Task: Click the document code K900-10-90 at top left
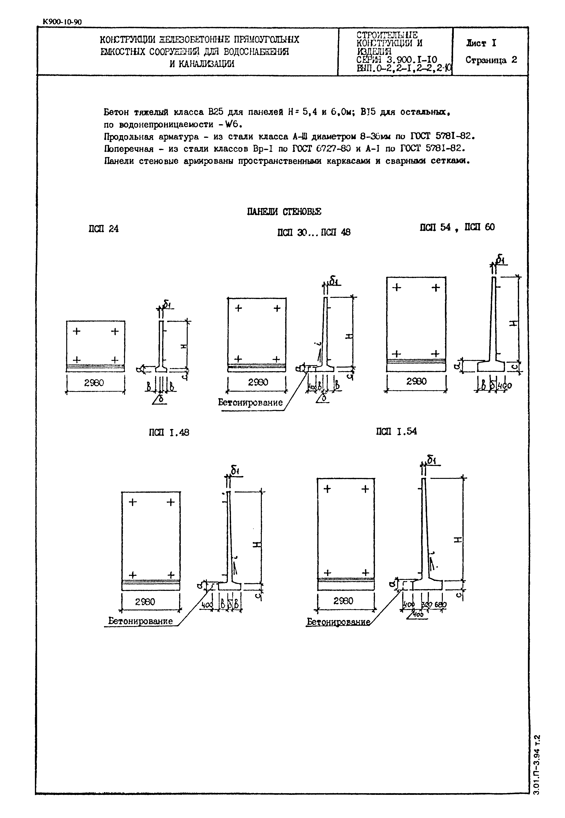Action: pos(62,22)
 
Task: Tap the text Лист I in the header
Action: pos(481,43)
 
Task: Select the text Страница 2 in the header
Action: pos(491,60)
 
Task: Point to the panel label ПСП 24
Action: pos(103,229)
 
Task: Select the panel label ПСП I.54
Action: pos(396,431)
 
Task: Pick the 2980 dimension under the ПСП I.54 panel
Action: pos(343,601)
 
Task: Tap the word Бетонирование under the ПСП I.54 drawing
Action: pos(338,622)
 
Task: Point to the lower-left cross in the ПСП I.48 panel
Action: pos(132,575)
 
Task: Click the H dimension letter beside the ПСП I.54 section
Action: pos(457,540)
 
